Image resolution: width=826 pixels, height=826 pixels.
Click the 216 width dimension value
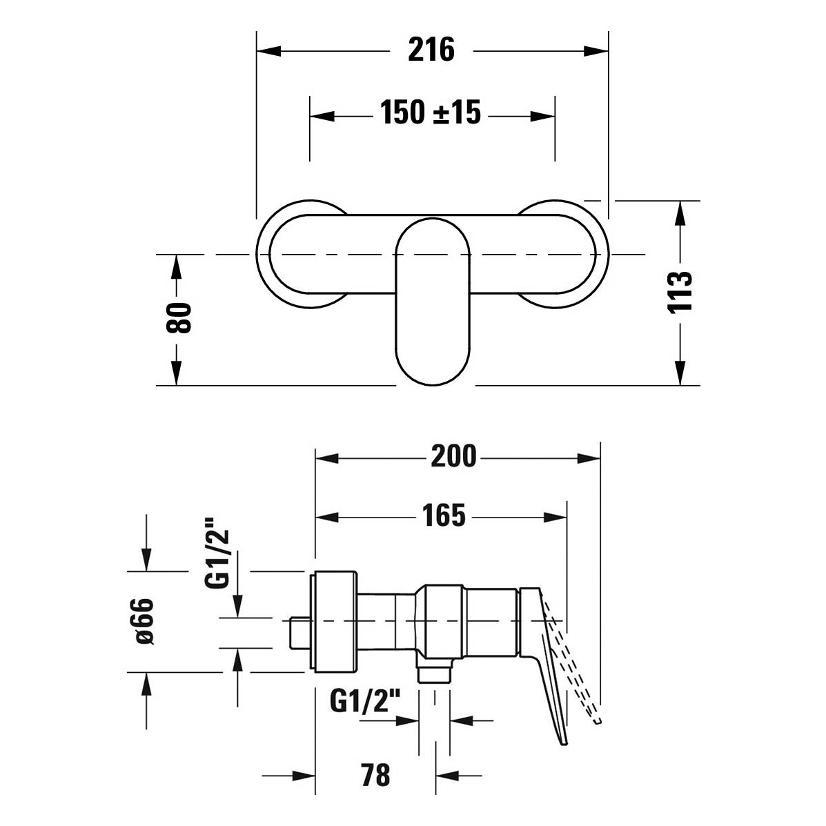point(431,50)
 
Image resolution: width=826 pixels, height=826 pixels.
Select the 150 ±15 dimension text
point(431,112)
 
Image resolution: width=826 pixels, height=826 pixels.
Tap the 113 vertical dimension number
point(680,293)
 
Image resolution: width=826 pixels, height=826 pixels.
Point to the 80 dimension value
point(179,317)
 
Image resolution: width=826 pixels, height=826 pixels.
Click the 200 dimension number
point(453,456)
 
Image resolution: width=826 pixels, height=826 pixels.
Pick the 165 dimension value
point(444,515)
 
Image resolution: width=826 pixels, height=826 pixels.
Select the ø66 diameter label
point(144,621)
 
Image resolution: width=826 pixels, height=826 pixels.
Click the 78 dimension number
point(375,775)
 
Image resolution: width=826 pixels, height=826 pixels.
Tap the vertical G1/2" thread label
point(217,553)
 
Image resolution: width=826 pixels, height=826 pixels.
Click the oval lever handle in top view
point(432,302)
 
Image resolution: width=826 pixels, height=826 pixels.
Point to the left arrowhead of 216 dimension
point(268,51)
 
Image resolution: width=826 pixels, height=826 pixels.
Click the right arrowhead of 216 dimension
point(596,51)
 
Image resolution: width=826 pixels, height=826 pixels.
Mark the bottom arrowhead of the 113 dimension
point(680,373)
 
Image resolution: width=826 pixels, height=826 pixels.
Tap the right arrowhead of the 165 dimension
point(555,517)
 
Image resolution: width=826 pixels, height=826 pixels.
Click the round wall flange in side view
point(335,622)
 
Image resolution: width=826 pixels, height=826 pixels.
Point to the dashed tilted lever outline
point(573,665)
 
